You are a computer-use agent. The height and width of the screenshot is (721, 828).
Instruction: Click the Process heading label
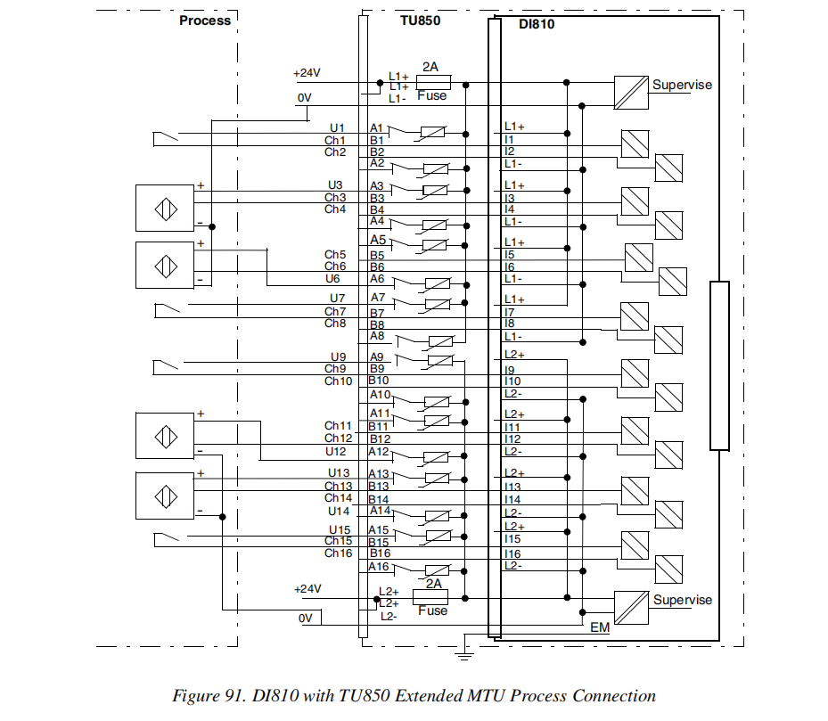coord(205,20)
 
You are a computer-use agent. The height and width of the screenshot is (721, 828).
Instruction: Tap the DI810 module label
coord(537,24)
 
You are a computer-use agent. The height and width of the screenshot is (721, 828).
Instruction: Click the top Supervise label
coord(682,85)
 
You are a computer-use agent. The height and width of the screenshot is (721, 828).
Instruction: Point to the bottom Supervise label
coord(683,600)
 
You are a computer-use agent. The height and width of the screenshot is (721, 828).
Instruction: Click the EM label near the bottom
coord(600,627)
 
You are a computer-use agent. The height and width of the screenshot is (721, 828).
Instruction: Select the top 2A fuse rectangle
coord(433,82)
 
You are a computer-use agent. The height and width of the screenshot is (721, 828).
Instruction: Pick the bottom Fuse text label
coord(433,610)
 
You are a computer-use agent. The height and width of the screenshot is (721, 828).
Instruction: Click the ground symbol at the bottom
coord(463,657)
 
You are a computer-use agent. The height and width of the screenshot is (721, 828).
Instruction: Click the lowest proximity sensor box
coord(164,497)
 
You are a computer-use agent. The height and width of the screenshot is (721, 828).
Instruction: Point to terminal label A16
coord(380,566)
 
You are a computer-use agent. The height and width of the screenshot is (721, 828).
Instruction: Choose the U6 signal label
coord(334,279)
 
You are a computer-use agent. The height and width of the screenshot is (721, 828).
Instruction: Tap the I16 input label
coord(512,553)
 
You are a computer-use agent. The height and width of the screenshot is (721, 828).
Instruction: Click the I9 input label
coord(510,369)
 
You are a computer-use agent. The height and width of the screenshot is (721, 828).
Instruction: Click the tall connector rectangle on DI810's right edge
coord(718,365)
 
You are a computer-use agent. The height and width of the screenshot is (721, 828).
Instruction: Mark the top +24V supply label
coord(307,73)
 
